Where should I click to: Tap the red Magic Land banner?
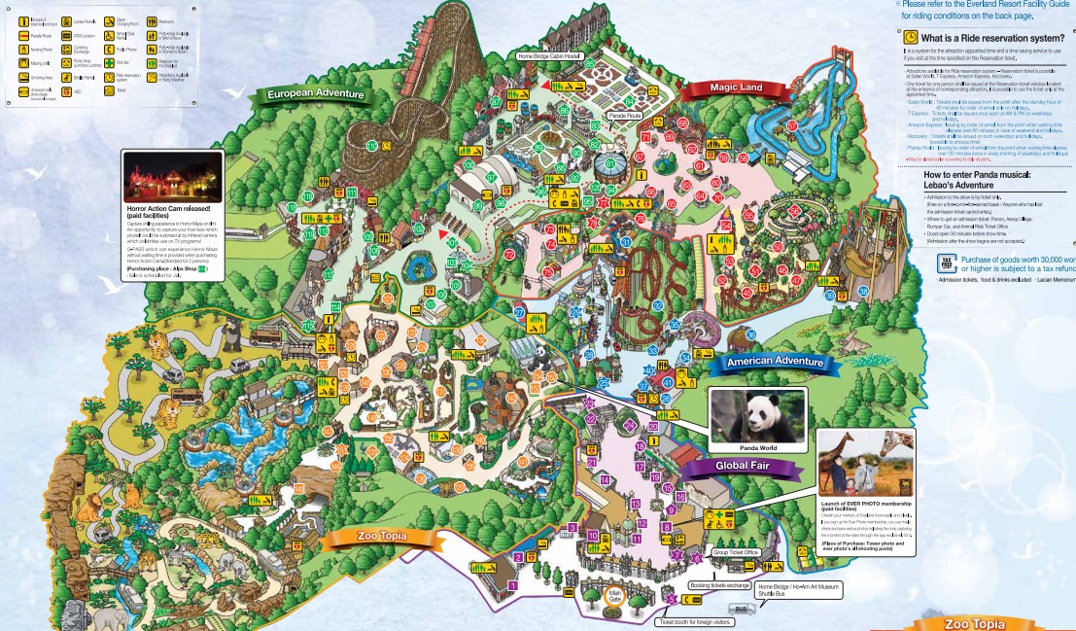point(736,88)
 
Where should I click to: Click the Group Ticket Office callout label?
point(735,552)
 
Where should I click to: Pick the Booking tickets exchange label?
point(720,585)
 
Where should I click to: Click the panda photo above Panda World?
point(757,416)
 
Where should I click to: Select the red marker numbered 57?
point(792,126)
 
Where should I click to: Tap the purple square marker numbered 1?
point(512,585)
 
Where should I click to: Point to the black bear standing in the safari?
point(233,336)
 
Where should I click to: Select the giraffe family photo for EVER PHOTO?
point(865,464)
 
